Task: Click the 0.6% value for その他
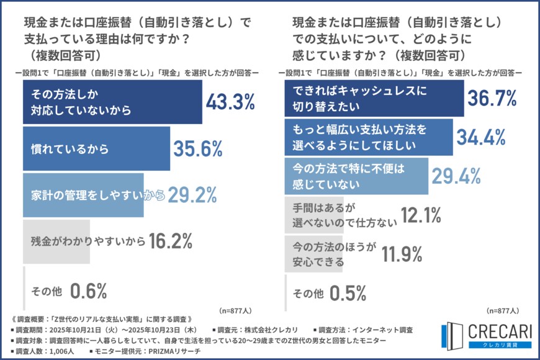(x=89, y=290)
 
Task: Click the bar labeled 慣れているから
(x=96, y=149)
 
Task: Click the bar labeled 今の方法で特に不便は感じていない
(x=357, y=176)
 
